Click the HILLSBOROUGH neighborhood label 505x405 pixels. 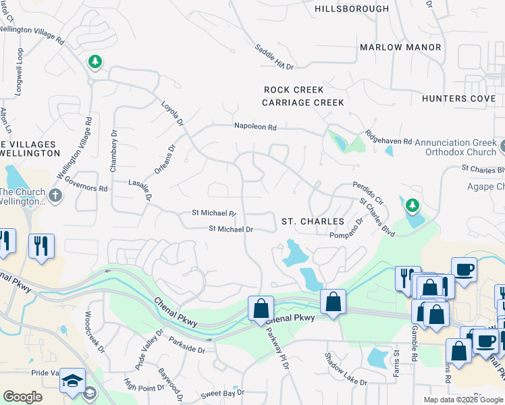click(x=352, y=9)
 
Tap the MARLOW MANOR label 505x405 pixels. click(x=400, y=47)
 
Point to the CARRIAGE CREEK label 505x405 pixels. click(x=303, y=103)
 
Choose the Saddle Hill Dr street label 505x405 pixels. click(x=274, y=57)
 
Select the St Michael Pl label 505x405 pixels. click(x=214, y=213)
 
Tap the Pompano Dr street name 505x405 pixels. click(x=346, y=228)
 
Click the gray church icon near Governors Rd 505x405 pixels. click(x=55, y=196)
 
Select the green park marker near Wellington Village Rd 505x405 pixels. click(x=95, y=62)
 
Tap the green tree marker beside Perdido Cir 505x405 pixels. click(x=411, y=205)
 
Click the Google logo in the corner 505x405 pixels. click(x=22, y=397)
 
